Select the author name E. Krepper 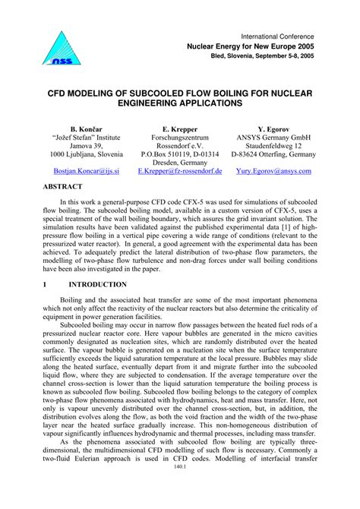pos(180,130)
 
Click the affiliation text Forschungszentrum pos(180,141)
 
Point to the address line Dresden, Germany pos(180,163)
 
